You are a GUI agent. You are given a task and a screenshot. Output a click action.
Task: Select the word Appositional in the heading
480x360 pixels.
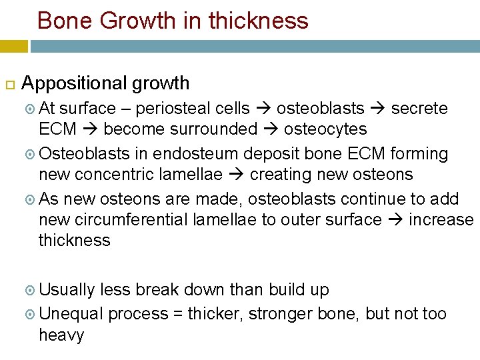coord(74,83)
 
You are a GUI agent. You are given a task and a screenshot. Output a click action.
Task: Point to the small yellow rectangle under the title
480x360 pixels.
coord(14,46)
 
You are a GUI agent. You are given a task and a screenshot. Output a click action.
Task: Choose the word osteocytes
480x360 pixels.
coord(325,129)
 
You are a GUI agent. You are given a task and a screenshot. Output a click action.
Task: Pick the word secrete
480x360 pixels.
coord(419,109)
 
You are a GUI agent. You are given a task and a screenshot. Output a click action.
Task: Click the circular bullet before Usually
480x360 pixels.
coord(31,291)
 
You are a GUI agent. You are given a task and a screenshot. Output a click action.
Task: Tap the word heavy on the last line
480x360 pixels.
coord(61,335)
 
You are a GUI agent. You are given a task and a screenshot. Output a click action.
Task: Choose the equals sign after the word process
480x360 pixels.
coord(179,314)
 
